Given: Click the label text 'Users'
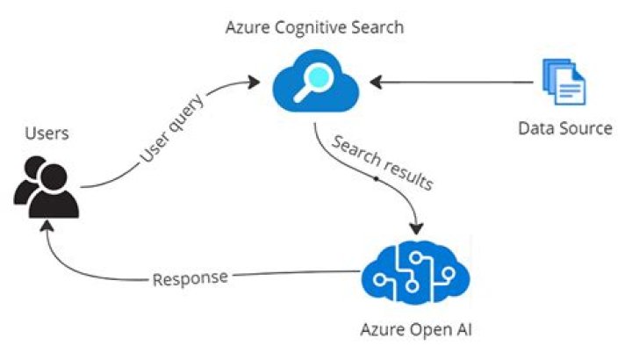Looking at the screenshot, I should tap(47, 133).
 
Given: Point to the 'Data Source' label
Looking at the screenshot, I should tap(564, 128).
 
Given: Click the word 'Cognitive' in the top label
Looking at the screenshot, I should tap(312, 27).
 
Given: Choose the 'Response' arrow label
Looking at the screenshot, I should tap(190, 279).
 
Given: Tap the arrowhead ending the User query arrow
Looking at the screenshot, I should tap(255, 82).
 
